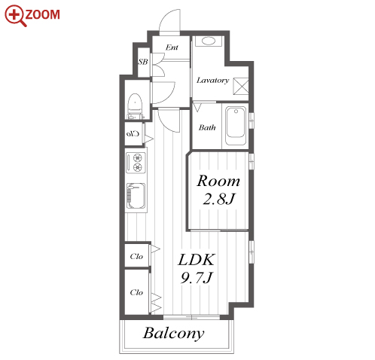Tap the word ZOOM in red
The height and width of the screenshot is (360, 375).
[43, 14]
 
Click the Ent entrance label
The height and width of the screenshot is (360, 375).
[172, 47]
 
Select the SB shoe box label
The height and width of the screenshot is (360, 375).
[143, 62]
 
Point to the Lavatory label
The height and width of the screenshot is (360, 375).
[212, 81]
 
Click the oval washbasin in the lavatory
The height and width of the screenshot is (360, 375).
[209, 41]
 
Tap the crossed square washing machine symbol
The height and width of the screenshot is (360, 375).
[241, 86]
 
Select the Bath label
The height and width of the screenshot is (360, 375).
[207, 127]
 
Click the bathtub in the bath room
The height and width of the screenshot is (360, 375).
[236, 126]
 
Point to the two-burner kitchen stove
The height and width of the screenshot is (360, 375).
[136, 163]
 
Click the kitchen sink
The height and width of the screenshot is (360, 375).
[136, 196]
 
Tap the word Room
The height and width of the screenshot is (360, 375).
[218, 181]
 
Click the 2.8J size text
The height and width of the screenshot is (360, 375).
[218, 199]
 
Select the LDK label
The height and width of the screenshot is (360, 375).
[197, 260]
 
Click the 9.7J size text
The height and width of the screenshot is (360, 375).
[197, 278]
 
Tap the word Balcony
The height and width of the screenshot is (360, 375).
[174, 334]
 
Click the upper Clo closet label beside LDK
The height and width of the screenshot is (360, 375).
[136, 256]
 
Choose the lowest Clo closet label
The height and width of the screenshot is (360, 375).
[136, 292]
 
